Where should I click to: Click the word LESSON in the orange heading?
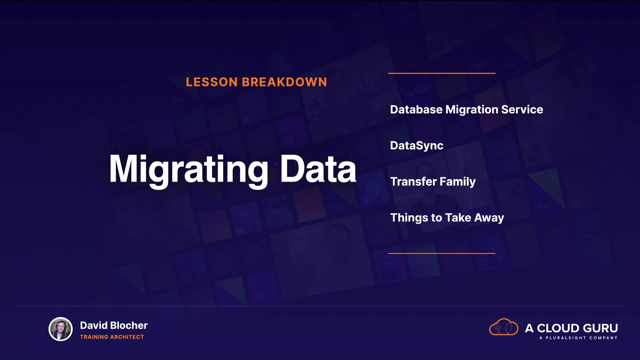(212, 82)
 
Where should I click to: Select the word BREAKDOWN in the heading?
(284, 82)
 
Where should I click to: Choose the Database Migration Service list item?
(466, 110)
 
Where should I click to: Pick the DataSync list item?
(417, 146)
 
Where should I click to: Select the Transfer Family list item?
(433, 182)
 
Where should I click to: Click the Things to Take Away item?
(447, 218)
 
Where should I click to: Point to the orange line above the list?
(442, 73)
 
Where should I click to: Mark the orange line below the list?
(442, 253)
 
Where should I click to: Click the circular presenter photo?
(61, 329)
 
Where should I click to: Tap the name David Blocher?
(114, 325)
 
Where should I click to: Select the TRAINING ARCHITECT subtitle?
(112, 337)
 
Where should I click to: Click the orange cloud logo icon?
(504, 327)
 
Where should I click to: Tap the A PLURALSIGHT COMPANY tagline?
(578, 338)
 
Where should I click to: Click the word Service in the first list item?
(522, 110)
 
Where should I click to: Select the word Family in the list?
(458, 182)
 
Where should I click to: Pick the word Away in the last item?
(489, 218)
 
